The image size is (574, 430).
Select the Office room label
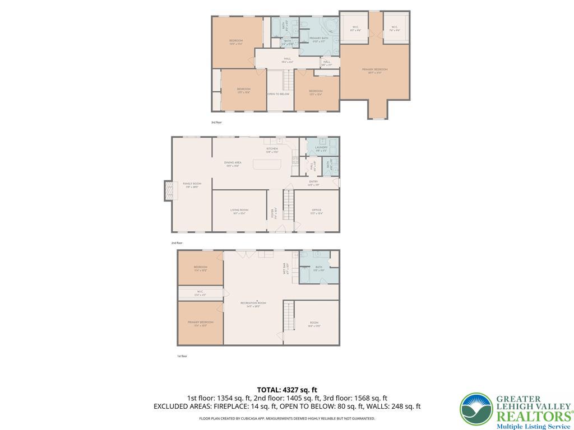coord(317,211)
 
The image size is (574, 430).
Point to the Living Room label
coord(239,211)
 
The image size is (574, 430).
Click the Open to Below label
coord(278,94)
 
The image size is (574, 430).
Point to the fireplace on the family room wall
coord(167,191)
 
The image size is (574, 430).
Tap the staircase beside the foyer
coord(288,204)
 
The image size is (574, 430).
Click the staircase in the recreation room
coord(288,315)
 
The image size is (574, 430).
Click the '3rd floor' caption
coord(216,122)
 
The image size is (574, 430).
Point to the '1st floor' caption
coord(182,356)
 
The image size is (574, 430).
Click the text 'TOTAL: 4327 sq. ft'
coord(287,390)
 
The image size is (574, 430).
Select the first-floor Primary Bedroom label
coord(200,324)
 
